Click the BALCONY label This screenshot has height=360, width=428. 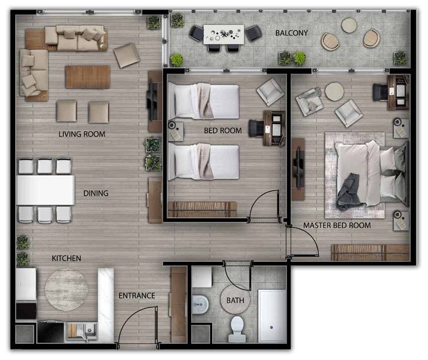[292, 33]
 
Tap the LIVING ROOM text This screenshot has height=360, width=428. [82, 134]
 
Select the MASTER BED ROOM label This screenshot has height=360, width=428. [337, 226]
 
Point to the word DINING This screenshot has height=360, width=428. [96, 193]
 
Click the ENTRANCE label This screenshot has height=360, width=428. [137, 296]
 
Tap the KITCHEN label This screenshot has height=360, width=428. [66, 258]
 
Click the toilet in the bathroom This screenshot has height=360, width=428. [237, 329]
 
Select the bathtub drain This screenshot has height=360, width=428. [271, 327]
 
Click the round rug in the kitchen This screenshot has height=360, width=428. [66, 290]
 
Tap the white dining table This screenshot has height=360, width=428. [45, 190]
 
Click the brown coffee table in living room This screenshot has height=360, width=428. [88, 77]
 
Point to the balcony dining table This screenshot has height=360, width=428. [223, 34]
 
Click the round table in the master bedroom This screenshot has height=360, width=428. [334, 91]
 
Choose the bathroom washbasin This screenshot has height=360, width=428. [200, 305]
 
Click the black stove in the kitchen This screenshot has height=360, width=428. [50, 332]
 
